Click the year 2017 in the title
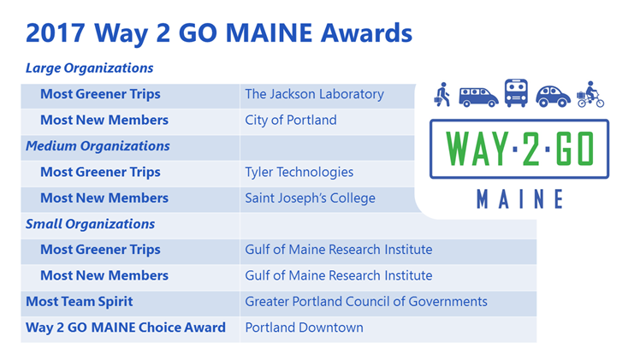pyautogui.click(x=55, y=33)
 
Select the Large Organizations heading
pyautogui.click(x=89, y=68)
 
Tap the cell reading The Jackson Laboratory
pyautogui.click(x=314, y=94)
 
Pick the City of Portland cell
pyautogui.click(x=291, y=121)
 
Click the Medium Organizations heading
pyautogui.click(x=98, y=146)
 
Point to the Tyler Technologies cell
pyautogui.click(x=299, y=172)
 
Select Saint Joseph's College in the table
pyautogui.click(x=311, y=198)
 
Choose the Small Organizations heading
pyautogui.click(x=90, y=224)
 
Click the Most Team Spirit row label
pyautogui.click(x=80, y=302)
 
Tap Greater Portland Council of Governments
pyautogui.click(x=366, y=302)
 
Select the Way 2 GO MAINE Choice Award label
pyautogui.click(x=126, y=328)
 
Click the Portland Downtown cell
pyautogui.click(x=304, y=328)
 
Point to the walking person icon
pyautogui.click(x=442, y=95)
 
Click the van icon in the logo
pyautogui.click(x=478, y=97)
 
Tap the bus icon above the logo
pyautogui.click(x=516, y=93)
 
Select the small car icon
pyautogui.click(x=553, y=97)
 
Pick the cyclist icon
pyautogui.click(x=590, y=94)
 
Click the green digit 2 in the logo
pyautogui.click(x=530, y=150)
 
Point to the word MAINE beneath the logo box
pyautogui.click(x=520, y=199)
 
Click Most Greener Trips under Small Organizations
pyautogui.click(x=100, y=250)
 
